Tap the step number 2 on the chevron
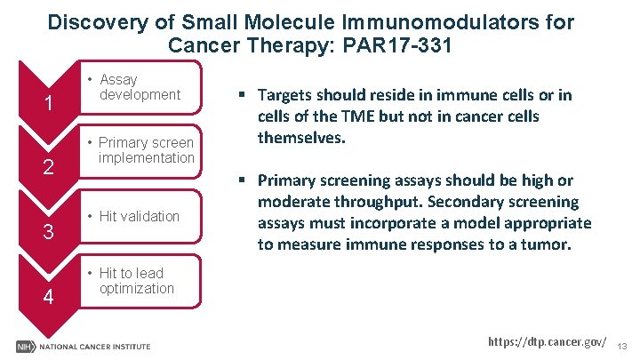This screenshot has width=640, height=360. pyautogui.click(x=51, y=168)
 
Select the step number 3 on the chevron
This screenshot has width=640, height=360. pyautogui.click(x=51, y=234)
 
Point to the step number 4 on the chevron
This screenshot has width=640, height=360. pyautogui.click(x=51, y=298)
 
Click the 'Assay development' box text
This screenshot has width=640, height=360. pyautogui.click(x=139, y=87)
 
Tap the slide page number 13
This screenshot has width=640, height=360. pyautogui.click(x=623, y=345)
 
